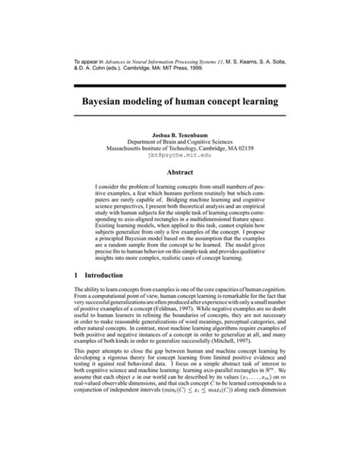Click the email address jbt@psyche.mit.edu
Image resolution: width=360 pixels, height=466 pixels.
[x=180, y=155]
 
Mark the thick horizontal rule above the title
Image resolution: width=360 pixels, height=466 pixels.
[x=180, y=84]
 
